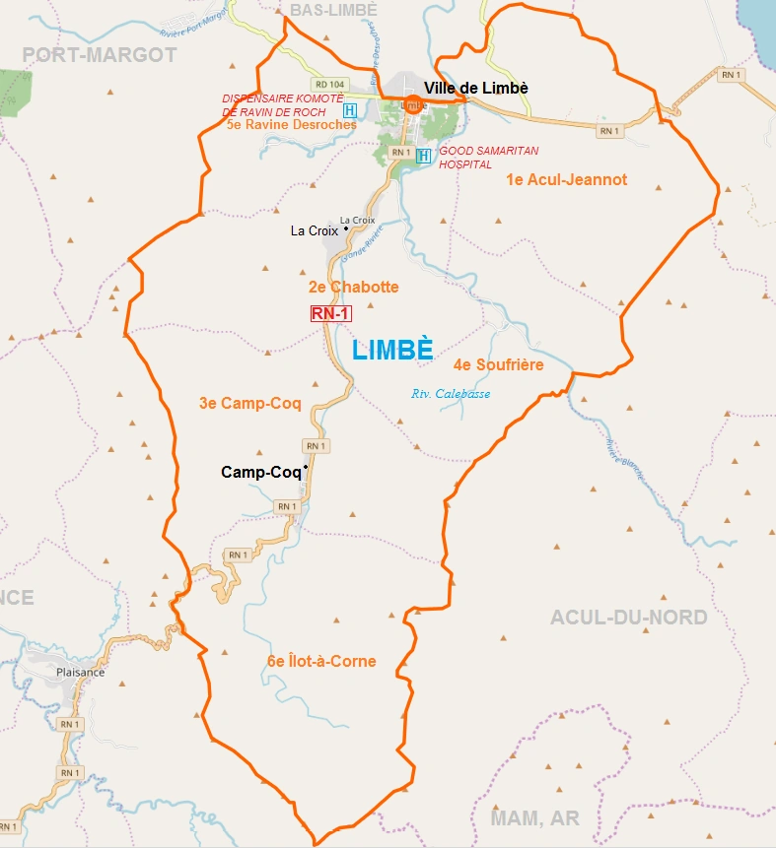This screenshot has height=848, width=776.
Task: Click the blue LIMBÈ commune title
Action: coord(392,350)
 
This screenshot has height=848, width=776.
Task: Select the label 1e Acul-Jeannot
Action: coord(566,179)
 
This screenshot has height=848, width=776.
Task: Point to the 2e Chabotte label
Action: coord(353,287)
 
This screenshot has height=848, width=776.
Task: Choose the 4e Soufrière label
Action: coord(498,364)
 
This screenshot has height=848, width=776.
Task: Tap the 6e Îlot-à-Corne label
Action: coord(321,661)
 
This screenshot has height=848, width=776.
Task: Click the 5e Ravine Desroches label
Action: coord(291,125)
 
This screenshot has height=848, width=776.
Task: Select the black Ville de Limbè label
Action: coord(476,88)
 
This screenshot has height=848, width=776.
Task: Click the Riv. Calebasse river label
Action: coord(450,394)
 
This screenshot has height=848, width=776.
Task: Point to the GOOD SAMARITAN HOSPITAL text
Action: coord(477,158)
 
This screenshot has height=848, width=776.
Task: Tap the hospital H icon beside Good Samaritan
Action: coord(424,156)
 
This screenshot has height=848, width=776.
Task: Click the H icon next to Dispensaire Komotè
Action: coord(350,108)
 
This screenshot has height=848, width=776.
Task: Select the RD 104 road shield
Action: coord(329,85)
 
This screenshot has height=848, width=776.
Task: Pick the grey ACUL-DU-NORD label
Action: coord(628,618)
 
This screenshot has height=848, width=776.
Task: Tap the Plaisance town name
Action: coord(81,673)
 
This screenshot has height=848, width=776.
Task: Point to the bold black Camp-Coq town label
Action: coord(260,473)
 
